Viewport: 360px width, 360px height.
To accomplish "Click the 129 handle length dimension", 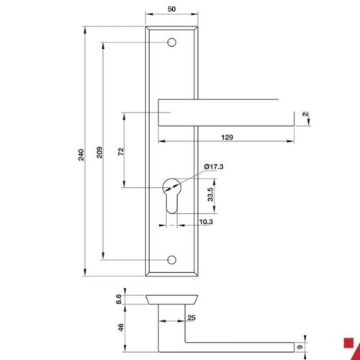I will (x=227, y=137).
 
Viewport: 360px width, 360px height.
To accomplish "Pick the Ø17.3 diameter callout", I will (x=214, y=167).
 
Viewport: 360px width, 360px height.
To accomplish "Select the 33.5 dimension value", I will (x=210, y=195).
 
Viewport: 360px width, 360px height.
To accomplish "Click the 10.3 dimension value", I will (x=204, y=223).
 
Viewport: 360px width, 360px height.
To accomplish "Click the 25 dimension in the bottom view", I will (x=192, y=318).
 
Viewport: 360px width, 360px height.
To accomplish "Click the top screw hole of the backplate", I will (x=171, y=44).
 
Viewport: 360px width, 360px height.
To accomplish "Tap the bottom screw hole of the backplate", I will (x=171, y=258).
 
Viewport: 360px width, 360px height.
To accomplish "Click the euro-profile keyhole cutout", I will (x=171, y=196).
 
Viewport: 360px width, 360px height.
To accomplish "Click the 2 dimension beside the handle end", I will (x=305, y=114).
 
